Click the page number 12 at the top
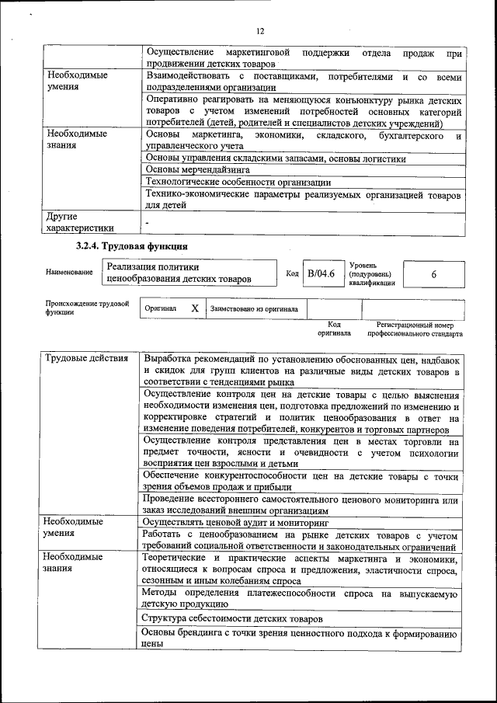259,31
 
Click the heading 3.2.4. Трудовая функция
131,246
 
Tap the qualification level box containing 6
433,274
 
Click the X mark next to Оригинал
195,308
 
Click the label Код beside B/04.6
292,273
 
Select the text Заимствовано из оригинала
253,308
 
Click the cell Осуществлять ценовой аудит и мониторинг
235,524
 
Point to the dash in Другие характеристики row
147,223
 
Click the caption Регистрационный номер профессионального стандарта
415,329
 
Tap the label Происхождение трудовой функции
86,308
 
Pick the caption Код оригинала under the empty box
334,329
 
